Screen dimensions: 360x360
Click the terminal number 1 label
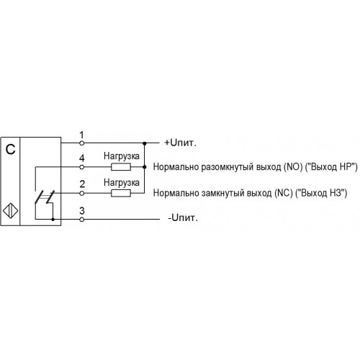[82, 135]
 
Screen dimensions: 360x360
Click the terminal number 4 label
[82, 158]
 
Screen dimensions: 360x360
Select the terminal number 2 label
[82, 184]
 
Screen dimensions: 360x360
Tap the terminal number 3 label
[82, 211]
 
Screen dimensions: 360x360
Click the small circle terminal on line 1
[82, 143]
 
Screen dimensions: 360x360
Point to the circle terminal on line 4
[82, 167]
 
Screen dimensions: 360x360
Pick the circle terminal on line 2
[82, 193]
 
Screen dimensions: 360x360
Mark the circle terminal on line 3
[82, 219]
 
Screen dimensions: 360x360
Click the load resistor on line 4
[121, 167]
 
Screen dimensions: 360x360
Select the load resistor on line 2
[121, 193]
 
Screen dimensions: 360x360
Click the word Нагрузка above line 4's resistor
[122, 156]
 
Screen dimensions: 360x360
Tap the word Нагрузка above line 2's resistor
[122, 183]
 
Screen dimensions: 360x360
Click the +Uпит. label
[180, 143]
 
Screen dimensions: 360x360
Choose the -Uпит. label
[183, 217]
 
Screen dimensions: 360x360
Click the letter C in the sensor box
[10, 150]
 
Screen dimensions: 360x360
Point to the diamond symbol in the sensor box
[11, 211]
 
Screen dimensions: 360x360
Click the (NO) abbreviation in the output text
[293, 167]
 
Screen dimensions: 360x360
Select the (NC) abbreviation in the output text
[284, 193]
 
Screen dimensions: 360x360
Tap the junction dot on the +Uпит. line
[145, 143]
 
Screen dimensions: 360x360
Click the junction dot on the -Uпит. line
[53, 219]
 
